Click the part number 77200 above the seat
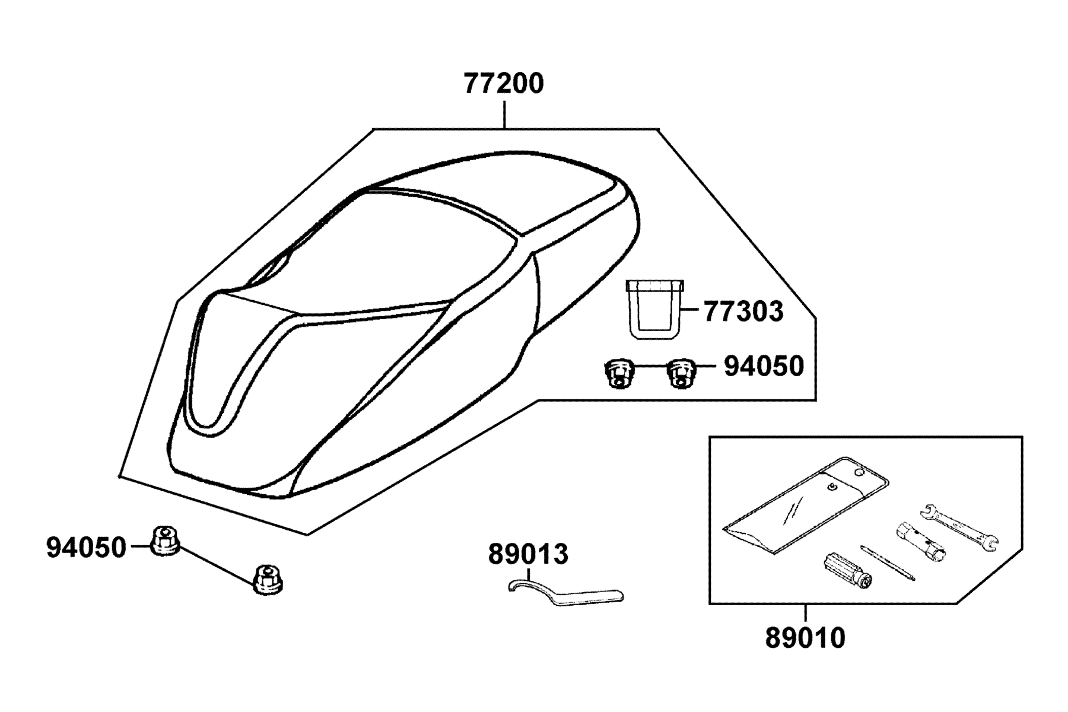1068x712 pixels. (x=503, y=84)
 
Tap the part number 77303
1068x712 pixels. (x=743, y=311)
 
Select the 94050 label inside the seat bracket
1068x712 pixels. (x=764, y=367)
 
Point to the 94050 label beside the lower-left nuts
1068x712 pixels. (x=87, y=548)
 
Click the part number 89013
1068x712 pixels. (x=528, y=555)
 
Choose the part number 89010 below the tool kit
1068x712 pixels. (x=805, y=638)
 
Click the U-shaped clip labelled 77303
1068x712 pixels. (x=654, y=309)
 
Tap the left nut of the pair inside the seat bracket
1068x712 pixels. (x=619, y=374)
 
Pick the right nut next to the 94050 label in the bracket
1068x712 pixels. (x=682, y=374)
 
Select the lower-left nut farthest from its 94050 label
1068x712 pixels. (x=268, y=579)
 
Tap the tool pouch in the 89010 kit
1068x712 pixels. (x=806, y=504)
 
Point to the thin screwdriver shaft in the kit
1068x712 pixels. (x=887, y=562)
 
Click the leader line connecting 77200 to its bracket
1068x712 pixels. (x=504, y=115)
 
